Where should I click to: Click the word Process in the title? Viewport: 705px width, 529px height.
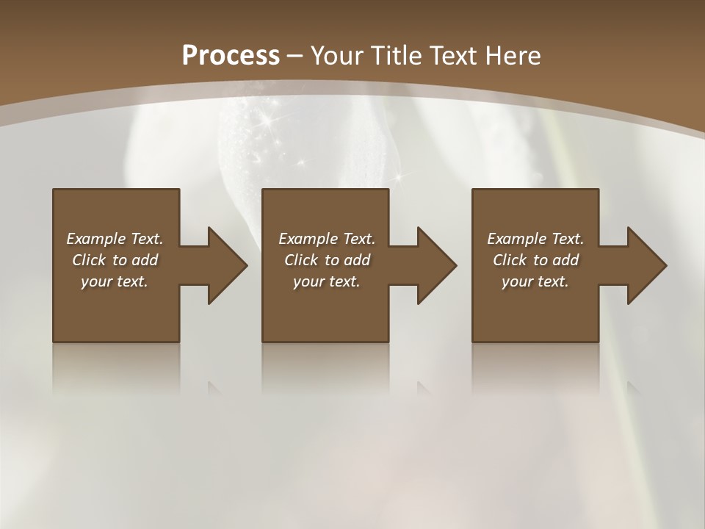231,55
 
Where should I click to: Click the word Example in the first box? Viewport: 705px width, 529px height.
96,239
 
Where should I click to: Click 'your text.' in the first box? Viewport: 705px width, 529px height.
115,281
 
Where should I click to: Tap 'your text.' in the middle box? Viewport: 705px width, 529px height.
326,281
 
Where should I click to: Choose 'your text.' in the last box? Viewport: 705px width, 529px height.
535,281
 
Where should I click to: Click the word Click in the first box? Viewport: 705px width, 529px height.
88,260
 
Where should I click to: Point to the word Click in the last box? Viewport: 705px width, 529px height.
510,260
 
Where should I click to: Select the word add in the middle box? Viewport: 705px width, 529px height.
356,260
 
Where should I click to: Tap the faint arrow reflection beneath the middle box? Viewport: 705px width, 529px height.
424,387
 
